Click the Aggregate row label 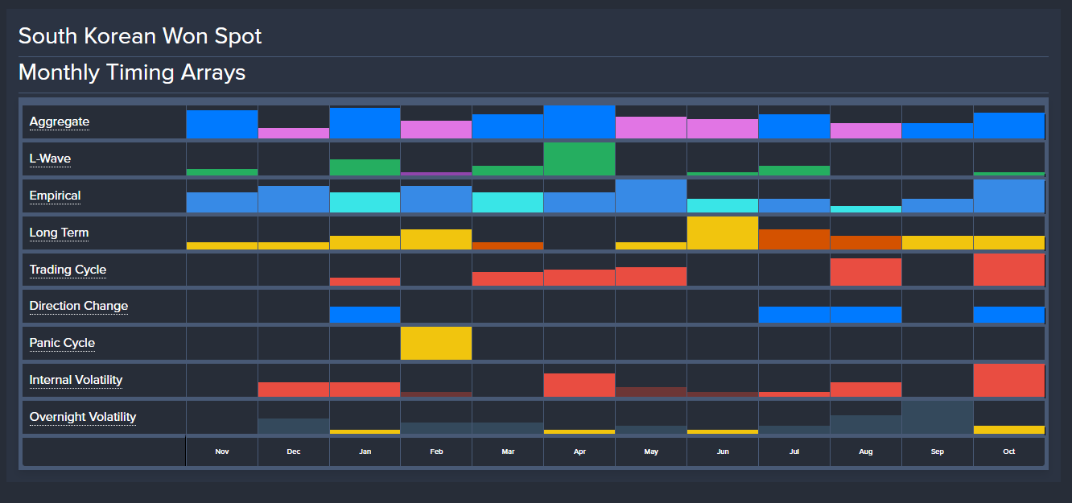(x=60, y=122)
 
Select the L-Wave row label (x=50, y=159)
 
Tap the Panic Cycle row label (x=62, y=343)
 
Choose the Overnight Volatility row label (x=83, y=417)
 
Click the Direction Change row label (x=79, y=306)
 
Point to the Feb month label (x=436, y=451)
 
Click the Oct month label (x=1009, y=451)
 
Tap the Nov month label (x=222, y=451)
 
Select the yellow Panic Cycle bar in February (x=436, y=343)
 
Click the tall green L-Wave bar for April (x=579, y=159)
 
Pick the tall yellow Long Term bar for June (x=723, y=233)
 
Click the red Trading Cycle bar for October (x=1009, y=270)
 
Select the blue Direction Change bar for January (x=365, y=315)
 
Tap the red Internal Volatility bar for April (x=579, y=385)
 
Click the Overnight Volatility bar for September (x=938, y=417)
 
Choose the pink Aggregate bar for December (x=294, y=133)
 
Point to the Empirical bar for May (x=651, y=196)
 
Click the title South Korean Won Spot (x=140, y=36)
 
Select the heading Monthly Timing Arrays (x=132, y=72)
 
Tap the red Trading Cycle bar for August (x=866, y=272)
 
